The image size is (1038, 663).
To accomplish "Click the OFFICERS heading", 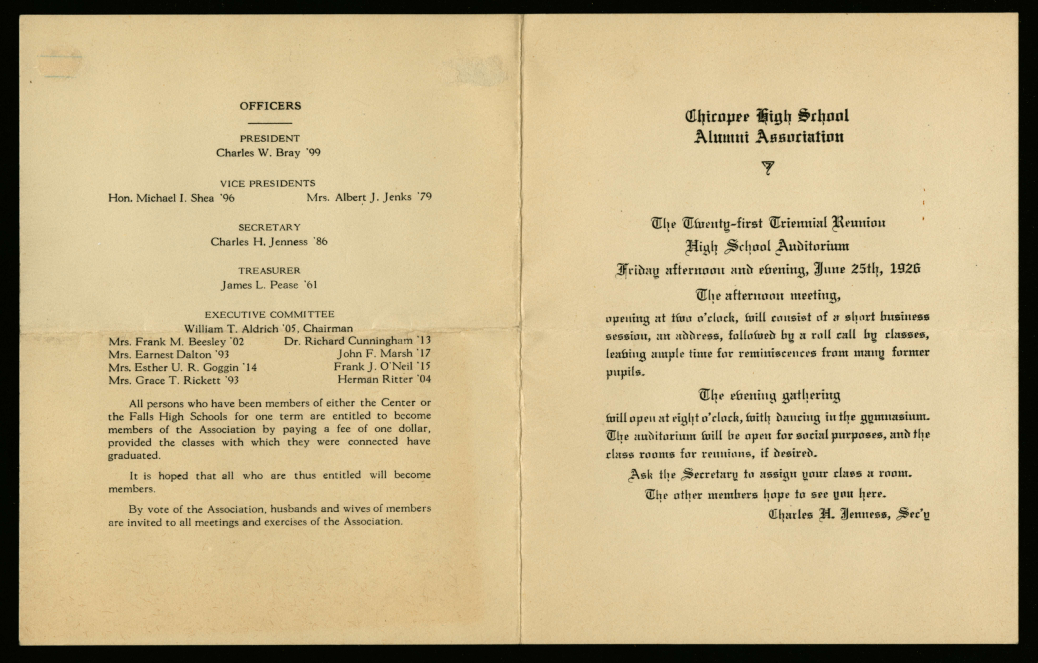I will (x=270, y=106).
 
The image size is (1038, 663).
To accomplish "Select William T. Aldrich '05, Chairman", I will (x=268, y=328).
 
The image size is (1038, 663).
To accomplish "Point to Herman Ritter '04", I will (x=384, y=379).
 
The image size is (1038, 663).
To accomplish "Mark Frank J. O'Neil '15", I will (x=382, y=366).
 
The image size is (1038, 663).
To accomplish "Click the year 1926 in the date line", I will (x=905, y=269).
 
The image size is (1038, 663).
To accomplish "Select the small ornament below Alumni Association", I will (x=768, y=168).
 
